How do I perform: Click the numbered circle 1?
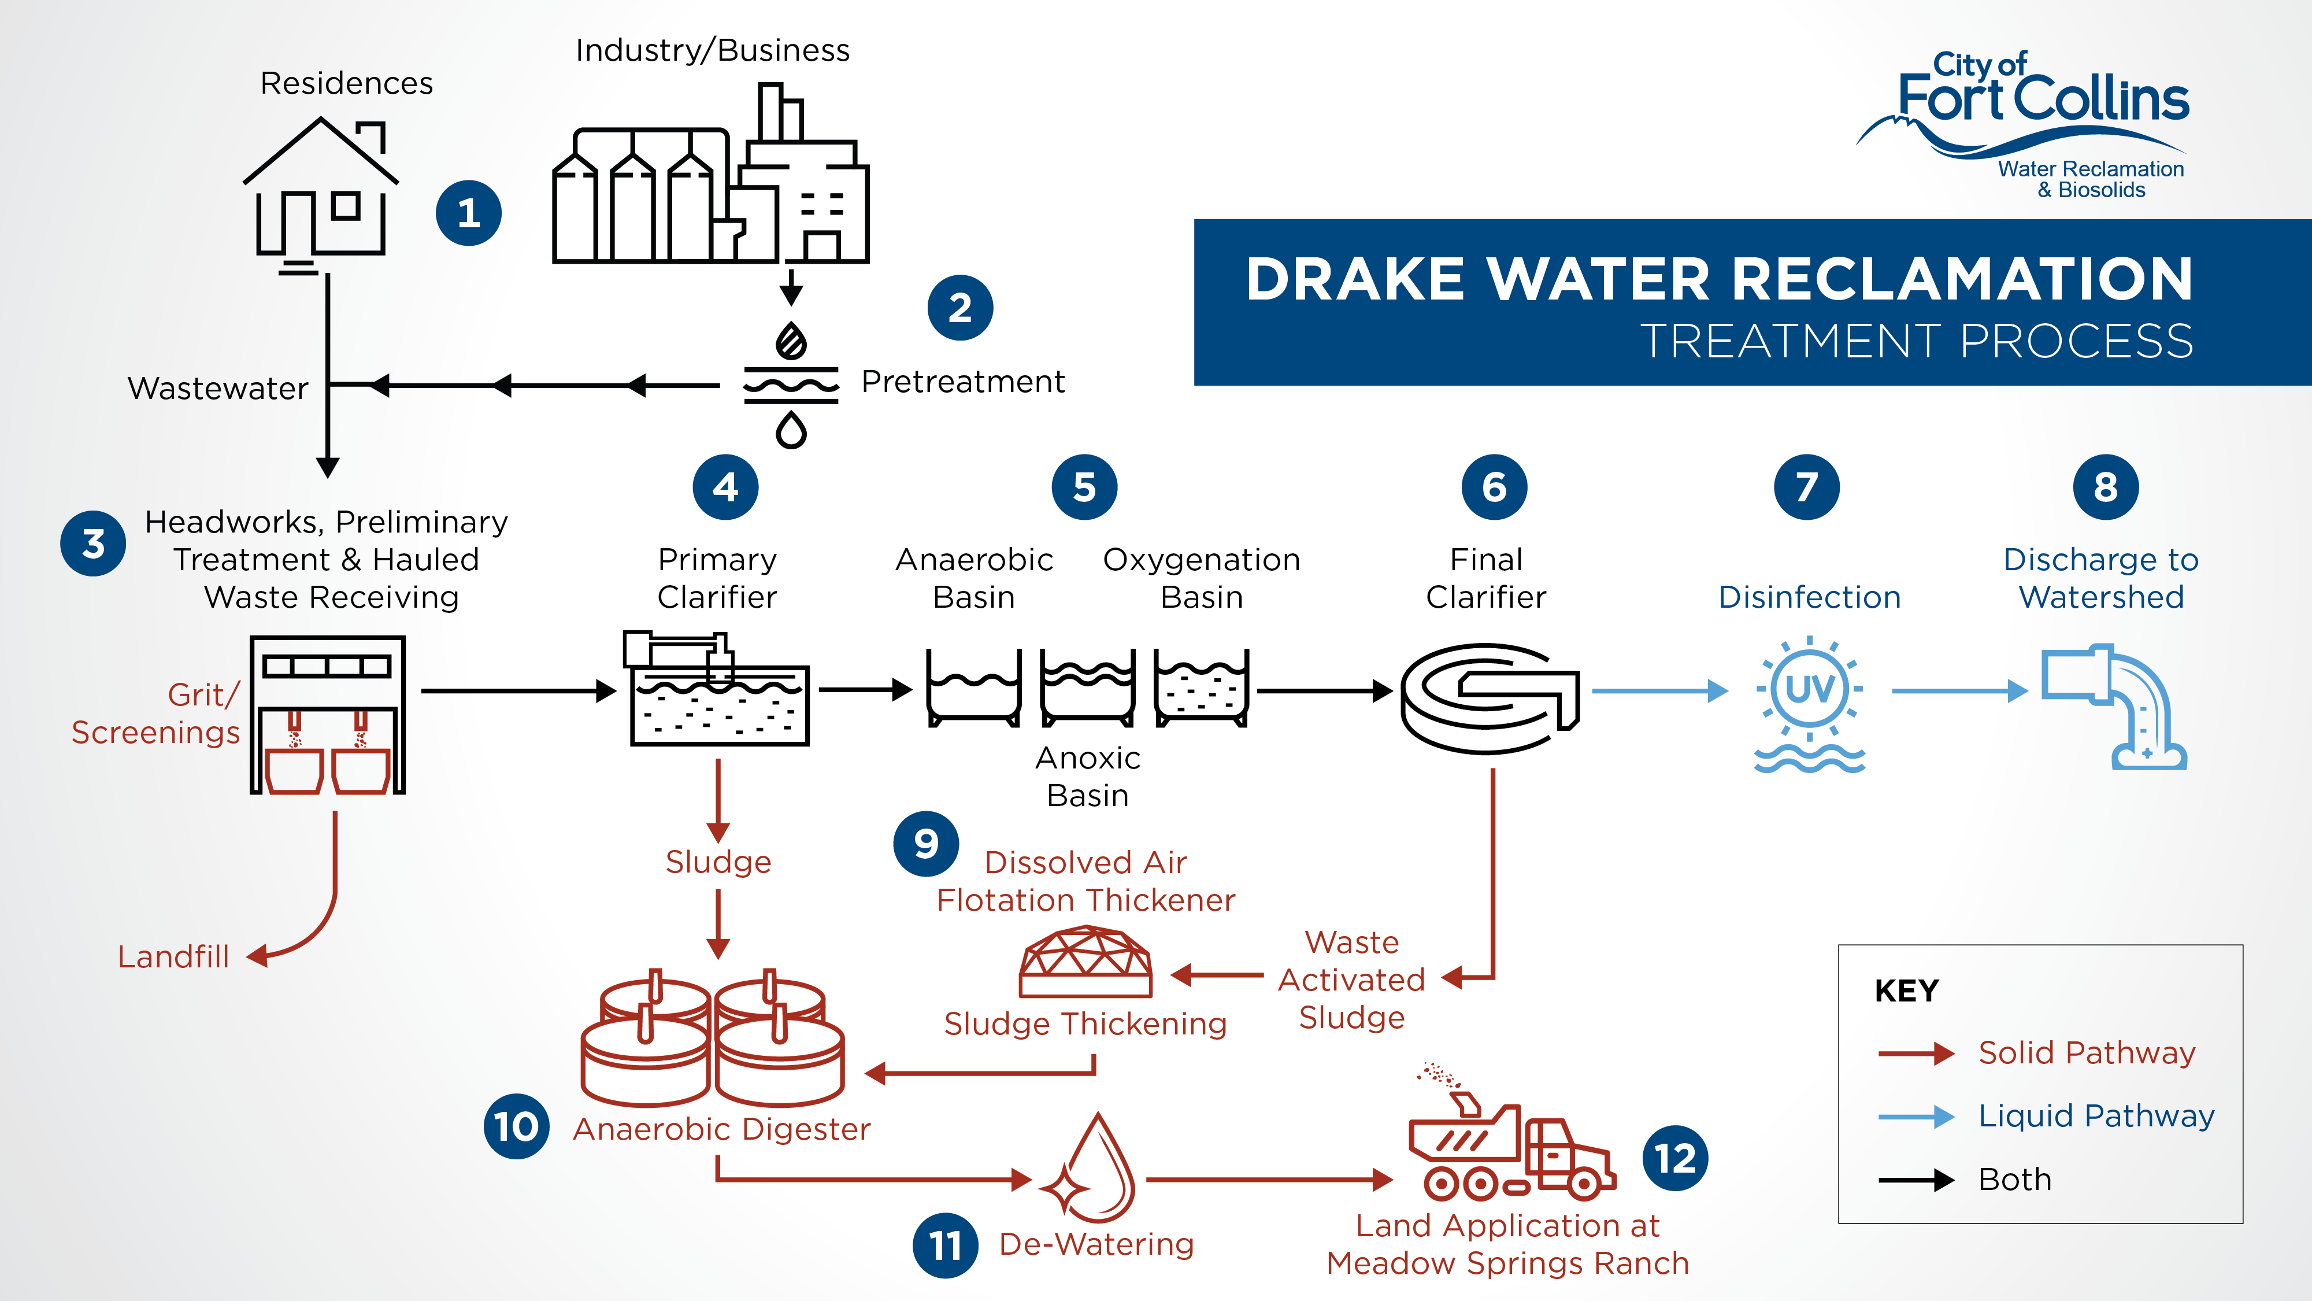pos(469,213)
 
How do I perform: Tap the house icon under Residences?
pos(320,193)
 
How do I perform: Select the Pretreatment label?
pos(962,382)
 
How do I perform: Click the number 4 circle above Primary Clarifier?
pos(725,487)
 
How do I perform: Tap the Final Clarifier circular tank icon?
pos(1489,698)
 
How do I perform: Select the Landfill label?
pos(173,957)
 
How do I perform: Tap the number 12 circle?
pos(1675,1158)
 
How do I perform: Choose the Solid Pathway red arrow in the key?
pos(1915,1053)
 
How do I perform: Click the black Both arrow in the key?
pos(1915,1180)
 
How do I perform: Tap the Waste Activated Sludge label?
pos(1352,980)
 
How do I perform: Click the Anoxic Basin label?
pos(1088,777)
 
